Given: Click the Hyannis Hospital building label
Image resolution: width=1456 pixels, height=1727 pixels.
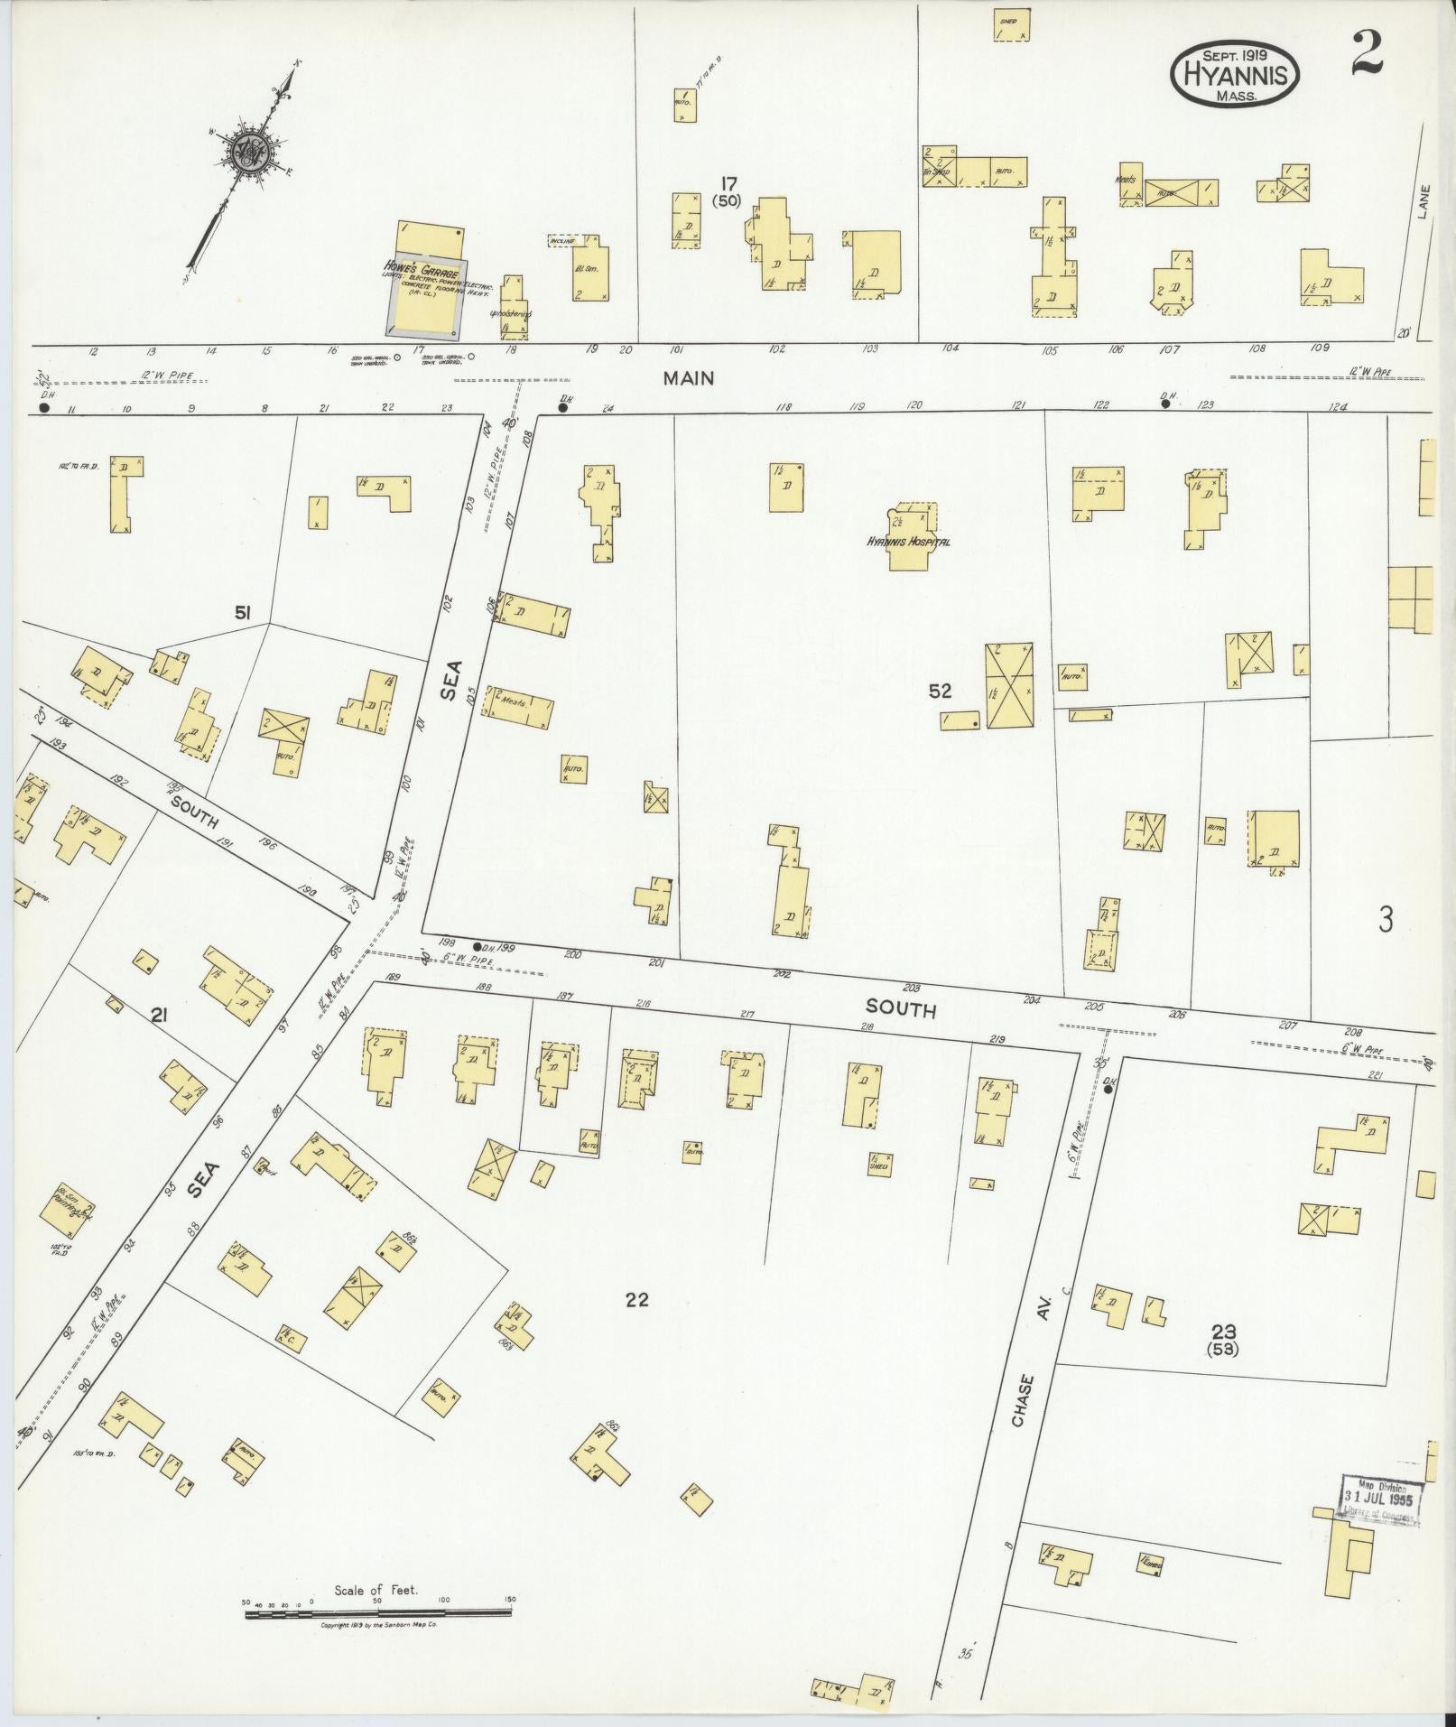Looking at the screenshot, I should (908, 543).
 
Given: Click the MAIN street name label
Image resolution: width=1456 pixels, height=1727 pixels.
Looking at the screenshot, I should (689, 379).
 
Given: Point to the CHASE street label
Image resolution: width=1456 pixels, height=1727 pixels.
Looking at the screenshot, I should (1020, 1426).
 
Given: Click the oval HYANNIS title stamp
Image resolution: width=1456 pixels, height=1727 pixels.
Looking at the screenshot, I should (1235, 75).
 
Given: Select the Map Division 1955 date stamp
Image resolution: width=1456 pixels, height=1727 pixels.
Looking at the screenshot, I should (1380, 1500).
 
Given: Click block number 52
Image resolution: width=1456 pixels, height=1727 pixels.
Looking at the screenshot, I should (940, 691).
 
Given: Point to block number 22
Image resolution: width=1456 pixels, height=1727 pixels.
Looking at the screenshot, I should (636, 1300).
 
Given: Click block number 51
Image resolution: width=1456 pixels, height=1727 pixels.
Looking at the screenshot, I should (242, 614).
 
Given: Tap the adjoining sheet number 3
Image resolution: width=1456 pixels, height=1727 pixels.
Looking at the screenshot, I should (1386, 920).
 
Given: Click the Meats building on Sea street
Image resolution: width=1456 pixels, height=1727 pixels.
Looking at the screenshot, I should (517, 704).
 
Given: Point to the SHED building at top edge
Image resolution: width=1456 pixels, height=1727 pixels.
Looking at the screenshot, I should (1012, 25).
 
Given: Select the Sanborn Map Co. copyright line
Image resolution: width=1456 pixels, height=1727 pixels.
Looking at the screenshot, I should (379, 1625).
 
